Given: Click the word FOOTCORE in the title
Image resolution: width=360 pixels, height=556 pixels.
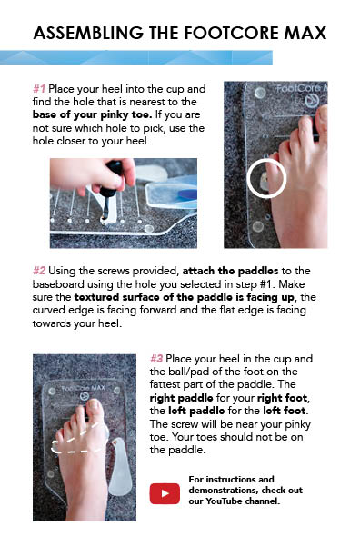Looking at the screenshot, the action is (231, 33).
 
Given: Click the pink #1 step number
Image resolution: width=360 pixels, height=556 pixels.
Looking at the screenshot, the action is (39, 89).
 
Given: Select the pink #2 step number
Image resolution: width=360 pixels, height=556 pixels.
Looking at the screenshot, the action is (39, 271).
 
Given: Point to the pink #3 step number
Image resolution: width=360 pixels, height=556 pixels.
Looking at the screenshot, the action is (156, 359).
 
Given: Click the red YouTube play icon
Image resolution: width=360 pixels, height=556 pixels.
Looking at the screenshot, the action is (165, 493).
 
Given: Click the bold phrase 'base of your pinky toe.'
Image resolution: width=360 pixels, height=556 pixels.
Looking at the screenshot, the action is (92, 114).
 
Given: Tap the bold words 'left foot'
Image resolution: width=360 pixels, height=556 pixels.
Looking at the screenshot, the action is (285, 411).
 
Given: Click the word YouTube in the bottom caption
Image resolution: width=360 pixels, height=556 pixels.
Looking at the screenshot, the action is (224, 501).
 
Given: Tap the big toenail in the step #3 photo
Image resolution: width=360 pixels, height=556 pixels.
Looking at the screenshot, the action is (95, 404).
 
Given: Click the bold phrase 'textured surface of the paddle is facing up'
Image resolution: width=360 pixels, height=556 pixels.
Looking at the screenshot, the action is (184, 297).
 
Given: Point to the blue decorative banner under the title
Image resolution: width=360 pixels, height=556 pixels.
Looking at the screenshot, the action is (136, 57).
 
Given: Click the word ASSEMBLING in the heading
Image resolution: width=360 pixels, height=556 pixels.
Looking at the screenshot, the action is (88, 33).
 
